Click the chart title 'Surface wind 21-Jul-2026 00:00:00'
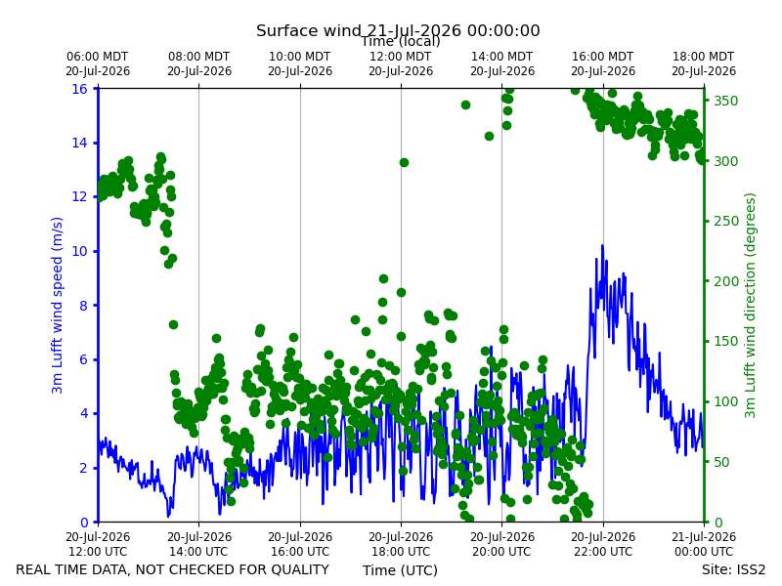pos(398,31)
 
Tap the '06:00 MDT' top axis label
pos(98,57)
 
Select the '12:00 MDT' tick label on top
pos(401,57)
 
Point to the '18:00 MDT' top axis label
pos(704,57)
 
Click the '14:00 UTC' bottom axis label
pos(199,552)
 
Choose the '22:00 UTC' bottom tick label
pos(603,552)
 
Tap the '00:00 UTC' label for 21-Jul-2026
pos(704,552)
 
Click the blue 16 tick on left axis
pos(80,89)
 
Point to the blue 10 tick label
pos(80,251)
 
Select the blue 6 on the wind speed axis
pos(84,359)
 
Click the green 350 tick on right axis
pos(726,101)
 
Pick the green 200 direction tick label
pos(726,281)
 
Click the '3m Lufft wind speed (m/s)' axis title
pos(58,305)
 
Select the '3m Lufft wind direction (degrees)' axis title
pos(750,305)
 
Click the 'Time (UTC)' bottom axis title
pos(400,570)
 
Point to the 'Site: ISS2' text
pos(733,569)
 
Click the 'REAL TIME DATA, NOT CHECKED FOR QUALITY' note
pos(173,569)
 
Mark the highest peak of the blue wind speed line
pos(602,245)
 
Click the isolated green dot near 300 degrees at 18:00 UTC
pos(404,162)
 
